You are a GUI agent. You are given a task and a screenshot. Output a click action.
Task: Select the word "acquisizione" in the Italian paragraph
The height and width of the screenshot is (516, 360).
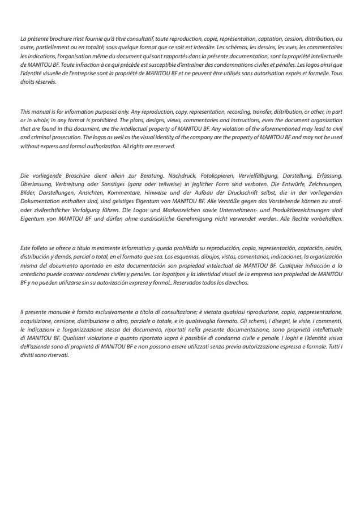pos(36,320)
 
